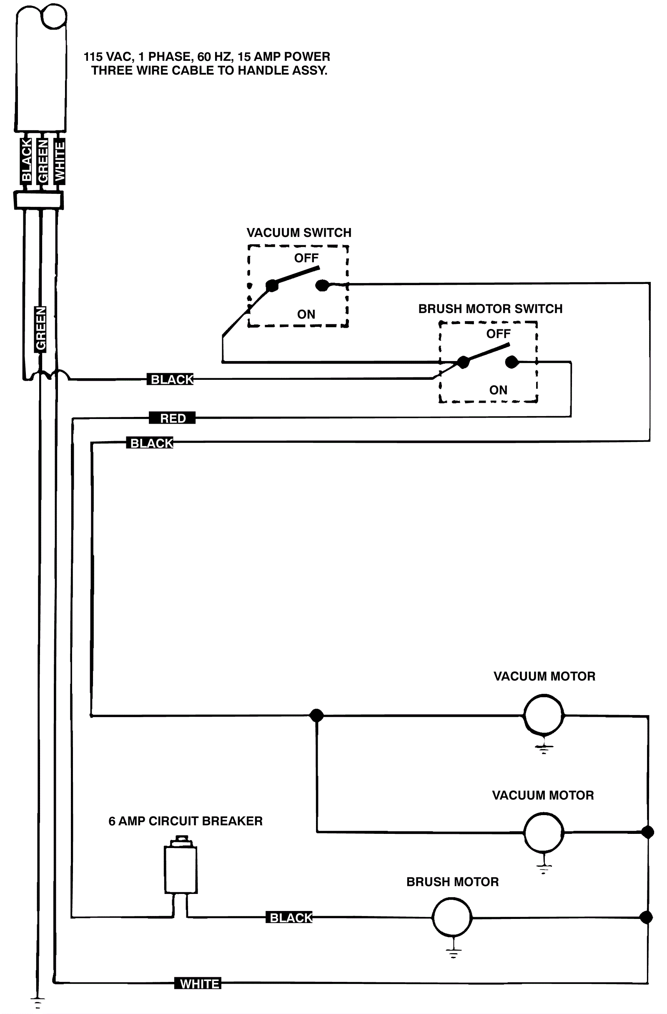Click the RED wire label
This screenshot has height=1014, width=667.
(172, 418)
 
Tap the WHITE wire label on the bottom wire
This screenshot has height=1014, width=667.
(198, 983)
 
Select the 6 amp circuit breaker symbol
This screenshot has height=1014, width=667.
(181, 869)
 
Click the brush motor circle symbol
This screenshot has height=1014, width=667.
(452, 917)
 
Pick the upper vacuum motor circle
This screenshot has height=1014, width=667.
(544, 715)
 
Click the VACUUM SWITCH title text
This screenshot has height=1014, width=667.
(298, 233)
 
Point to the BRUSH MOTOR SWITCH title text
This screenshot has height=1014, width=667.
(490, 309)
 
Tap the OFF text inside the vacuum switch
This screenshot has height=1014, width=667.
(306, 258)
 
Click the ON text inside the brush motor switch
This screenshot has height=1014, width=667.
(498, 390)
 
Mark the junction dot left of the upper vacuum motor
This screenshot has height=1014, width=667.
(316, 715)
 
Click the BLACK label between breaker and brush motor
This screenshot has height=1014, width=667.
(291, 917)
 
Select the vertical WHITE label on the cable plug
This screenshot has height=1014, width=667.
(60, 161)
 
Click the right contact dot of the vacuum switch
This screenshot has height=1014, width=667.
(322, 285)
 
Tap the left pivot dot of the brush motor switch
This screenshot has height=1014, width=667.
(463, 362)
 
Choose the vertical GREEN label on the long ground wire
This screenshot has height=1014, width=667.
(40, 329)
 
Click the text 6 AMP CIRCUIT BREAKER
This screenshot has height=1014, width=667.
(185, 821)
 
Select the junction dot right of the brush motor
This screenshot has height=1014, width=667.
(646, 917)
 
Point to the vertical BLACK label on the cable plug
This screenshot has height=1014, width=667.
(26, 160)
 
